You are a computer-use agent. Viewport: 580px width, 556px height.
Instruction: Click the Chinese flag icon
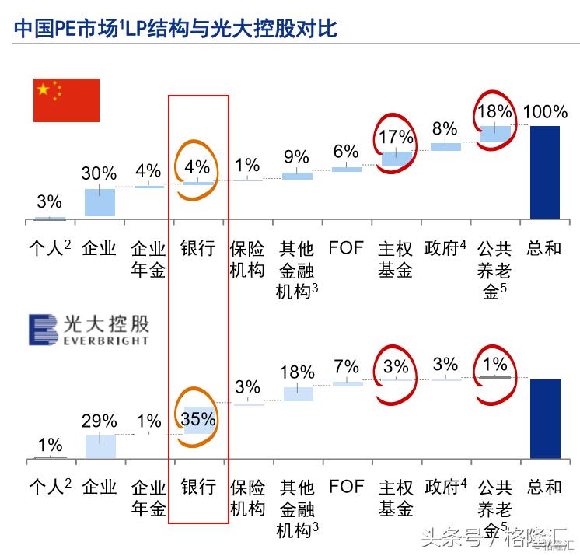tap(66, 100)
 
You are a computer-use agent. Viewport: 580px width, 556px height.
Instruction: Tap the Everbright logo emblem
tap(43, 330)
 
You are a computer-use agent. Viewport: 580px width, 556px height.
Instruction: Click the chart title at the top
tap(176, 29)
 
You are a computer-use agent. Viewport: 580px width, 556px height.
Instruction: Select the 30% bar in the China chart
tap(100, 202)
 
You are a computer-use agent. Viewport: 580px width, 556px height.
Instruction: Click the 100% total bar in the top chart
tap(544, 172)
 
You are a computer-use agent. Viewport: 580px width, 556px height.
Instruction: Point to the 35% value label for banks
tap(198, 419)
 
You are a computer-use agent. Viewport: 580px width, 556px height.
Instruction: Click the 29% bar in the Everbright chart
tap(100, 446)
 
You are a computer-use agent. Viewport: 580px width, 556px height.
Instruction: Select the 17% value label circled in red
tap(397, 137)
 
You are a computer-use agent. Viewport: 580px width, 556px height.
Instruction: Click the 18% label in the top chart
tap(495, 111)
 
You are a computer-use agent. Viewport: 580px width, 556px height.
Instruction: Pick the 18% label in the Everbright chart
tap(297, 372)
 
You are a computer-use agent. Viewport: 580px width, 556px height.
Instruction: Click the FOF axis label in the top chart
tap(346, 249)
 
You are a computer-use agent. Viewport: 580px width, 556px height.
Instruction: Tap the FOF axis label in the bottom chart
tap(346, 488)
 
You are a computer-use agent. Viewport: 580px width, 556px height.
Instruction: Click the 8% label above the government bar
tap(445, 128)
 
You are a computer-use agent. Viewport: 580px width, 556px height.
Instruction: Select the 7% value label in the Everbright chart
tap(346, 366)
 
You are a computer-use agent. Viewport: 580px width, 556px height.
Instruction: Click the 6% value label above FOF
tap(346, 151)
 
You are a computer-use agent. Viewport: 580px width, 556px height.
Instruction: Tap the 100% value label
tap(545, 111)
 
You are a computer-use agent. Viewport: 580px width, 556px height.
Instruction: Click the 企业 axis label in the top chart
tap(99, 249)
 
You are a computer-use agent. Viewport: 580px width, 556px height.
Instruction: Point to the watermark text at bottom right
tap(498, 537)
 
